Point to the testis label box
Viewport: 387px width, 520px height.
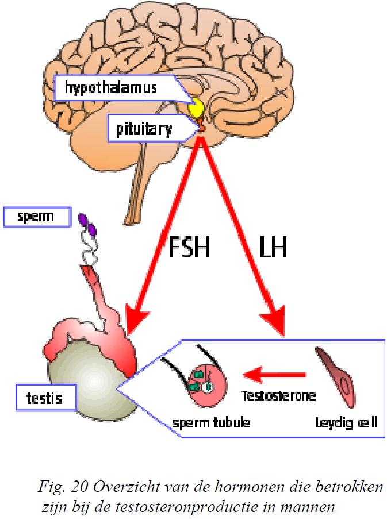point(45,396)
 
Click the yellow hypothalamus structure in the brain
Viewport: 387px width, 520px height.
point(198,108)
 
